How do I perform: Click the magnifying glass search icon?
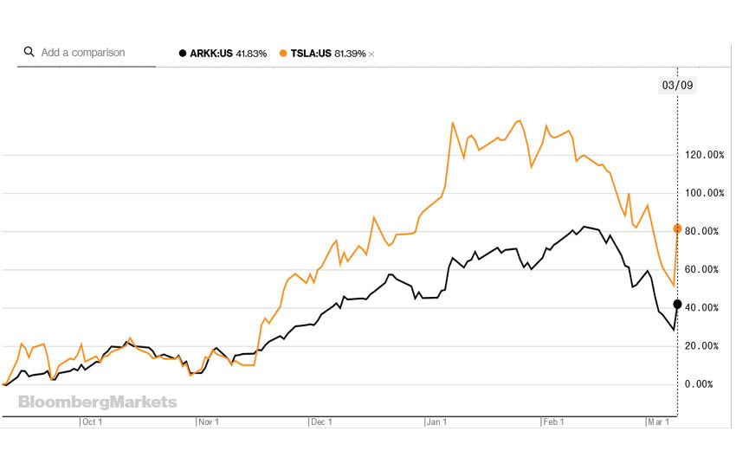point(29,52)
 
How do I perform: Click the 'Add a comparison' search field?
point(83,53)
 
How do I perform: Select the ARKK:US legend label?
point(210,54)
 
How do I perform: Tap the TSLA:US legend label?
point(311,54)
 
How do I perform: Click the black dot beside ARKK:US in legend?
point(182,54)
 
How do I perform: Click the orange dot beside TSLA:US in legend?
point(283,54)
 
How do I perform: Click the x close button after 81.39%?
point(371,55)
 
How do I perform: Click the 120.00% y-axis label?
point(704,156)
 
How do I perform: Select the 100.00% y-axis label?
point(704,194)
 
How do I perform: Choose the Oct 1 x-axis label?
point(93,422)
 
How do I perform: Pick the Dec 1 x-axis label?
point(322,422)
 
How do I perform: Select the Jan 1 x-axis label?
point(436,422)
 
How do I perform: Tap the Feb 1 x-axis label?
point(552,422)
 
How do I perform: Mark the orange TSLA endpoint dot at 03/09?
point(677,228)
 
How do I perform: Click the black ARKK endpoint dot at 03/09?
point(677,304)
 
